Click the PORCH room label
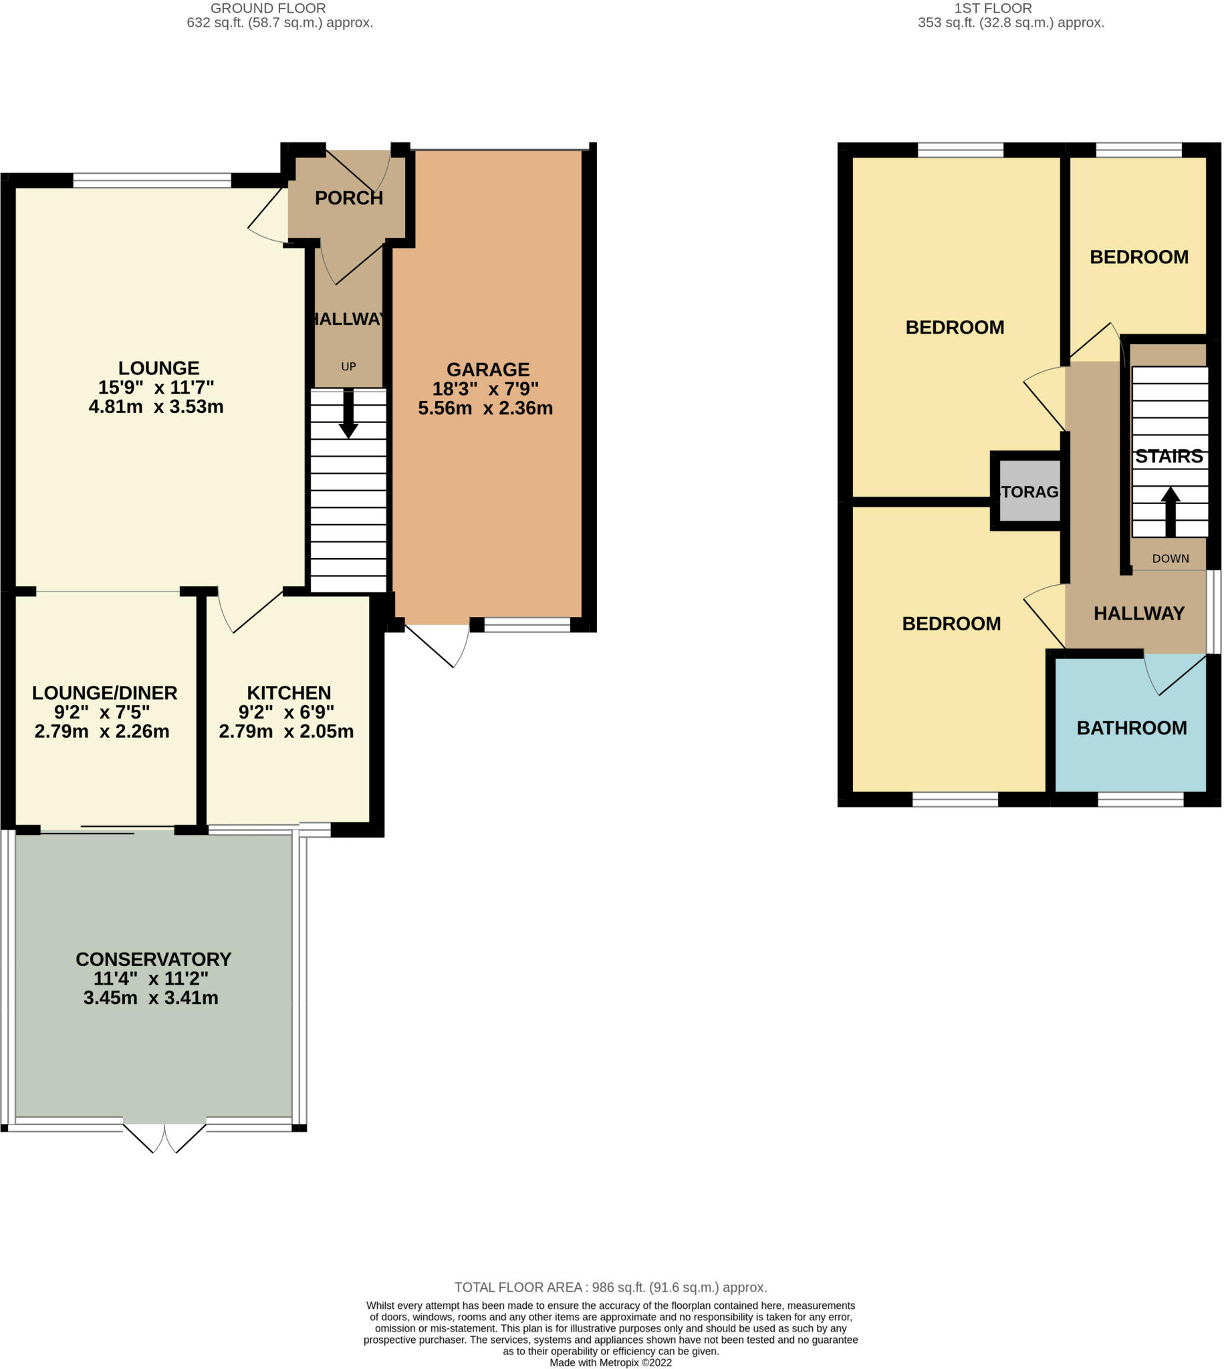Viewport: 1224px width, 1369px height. (x=348, y=198)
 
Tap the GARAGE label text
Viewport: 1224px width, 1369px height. (x=487, y=369)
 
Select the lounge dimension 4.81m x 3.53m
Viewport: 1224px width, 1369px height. (x=156, y=407)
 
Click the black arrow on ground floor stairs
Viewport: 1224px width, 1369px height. (x=348, y=414)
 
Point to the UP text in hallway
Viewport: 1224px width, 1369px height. (x=348, y=367)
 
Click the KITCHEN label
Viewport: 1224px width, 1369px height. (x=289, y=693)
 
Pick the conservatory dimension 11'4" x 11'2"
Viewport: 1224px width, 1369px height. (x=151, y=979)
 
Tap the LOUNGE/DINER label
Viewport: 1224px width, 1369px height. (x=105, y=693)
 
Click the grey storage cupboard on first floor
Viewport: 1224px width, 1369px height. (x=1029, y=491)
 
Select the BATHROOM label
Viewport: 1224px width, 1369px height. (x=1131, y=727)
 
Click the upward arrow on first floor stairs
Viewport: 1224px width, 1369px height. (x=1171, y=511)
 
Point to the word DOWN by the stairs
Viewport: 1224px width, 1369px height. (x=1171, y=559)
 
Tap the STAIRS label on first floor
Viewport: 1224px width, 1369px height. (x=1169, y=457)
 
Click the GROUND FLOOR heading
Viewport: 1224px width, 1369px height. (x=267, y=8)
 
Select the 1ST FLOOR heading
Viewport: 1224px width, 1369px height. (x=993, y=8)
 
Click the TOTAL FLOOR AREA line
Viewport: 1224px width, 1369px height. (x=610, y=1287)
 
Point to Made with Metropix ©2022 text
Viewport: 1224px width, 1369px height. (x=610, y=1362)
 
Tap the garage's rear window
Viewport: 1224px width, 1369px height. (x=527, y=625)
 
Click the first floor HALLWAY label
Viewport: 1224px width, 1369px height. (x=1138, y=613)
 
